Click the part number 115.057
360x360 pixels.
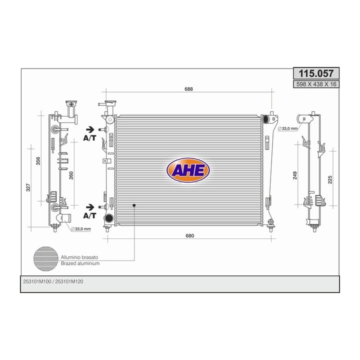point(316,73)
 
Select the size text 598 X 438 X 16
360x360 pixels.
point(316,84)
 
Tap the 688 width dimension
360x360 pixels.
point(188,89)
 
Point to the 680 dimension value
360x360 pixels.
point(190,236)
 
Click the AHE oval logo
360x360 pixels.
point(188,170)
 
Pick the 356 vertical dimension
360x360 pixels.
point(38,160)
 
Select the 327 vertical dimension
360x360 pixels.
point(28,187)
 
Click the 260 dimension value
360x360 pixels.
point(71,175)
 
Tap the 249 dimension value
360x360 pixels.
point(295,175)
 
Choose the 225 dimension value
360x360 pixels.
point(330,179)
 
